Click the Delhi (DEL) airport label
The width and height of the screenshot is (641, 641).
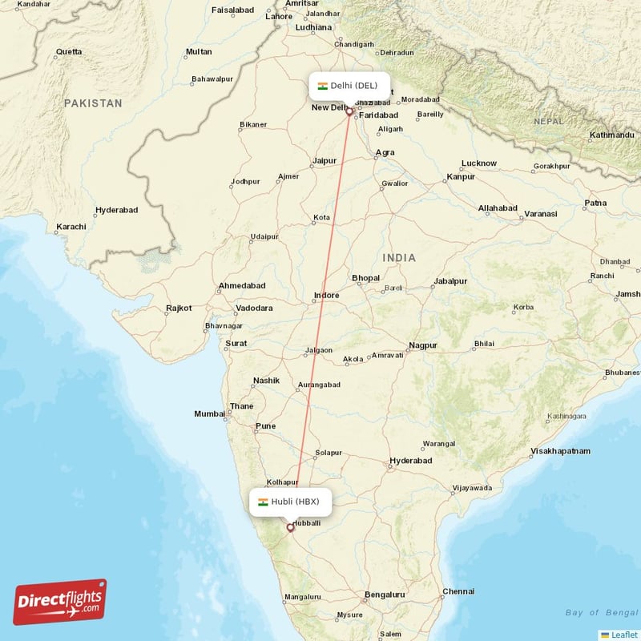pyautogui.click(x=349, y=86)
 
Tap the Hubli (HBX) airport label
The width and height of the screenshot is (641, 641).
pyautogui.click(x=289, y=502)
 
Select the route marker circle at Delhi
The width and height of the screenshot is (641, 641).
pyautogui.click(x=349, y=111)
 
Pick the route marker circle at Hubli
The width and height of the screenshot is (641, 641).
pyautogui.click(x=290, y=527)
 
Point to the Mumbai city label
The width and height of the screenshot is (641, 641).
pyautogui.click(x=209, y=413)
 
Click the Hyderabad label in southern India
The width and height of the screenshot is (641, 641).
pyautogui.click(x=410, y=461)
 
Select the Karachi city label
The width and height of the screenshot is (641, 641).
pyautogui.click(x=71, y=227)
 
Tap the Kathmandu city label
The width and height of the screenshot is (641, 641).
pyautogui.click(x=611, y=135)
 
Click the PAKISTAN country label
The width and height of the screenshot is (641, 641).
pyautogui.click(x=94, y=103)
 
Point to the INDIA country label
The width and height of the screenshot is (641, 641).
pyautogui.click(x=399, y=257)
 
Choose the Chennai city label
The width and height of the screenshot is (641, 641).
pyautogui.click(x=458, y=591)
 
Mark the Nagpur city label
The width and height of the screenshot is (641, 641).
pyautogui.click(x=422, y=345)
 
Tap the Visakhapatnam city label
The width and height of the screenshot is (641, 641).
pyautogui.click(x=560, y=451)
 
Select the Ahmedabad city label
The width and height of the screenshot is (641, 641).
pyautogui.click(x=241, y=286)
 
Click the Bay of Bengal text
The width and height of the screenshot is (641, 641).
pyautogui.click(x=601, y=613)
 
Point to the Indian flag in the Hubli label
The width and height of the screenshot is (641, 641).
pyautogui.click(x=263, y=502)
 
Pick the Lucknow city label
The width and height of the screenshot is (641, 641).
pyautogui.click(x=479, y=163)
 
